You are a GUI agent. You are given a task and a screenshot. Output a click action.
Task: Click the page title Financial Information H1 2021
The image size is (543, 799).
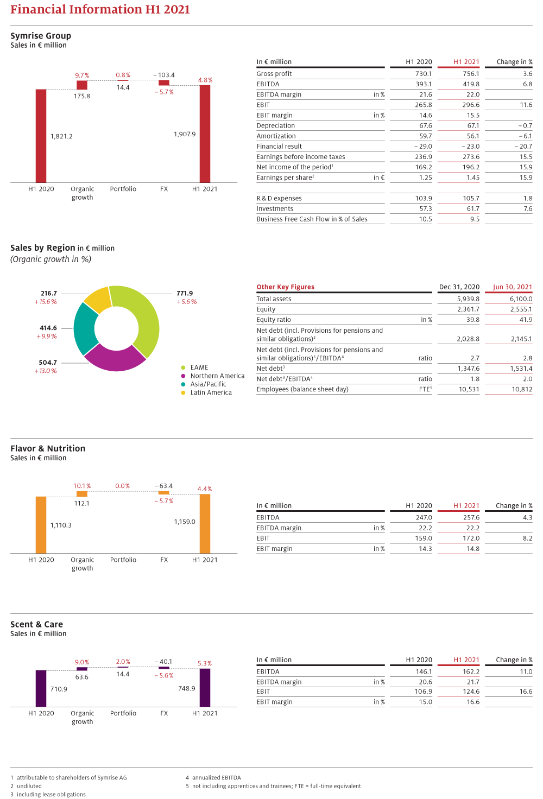[x=100, y=9]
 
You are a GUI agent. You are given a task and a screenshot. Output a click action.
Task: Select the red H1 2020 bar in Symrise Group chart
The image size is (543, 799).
[x=41, y=136]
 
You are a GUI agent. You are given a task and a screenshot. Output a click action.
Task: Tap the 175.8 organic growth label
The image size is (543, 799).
[x=82, y=96]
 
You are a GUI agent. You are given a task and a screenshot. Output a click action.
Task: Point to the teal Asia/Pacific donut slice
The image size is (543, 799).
[x=84, y=328]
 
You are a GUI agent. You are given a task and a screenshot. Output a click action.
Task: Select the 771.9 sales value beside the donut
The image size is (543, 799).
[x=185, y=293]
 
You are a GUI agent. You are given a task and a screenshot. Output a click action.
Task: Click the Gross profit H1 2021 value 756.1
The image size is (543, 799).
[x=471, y=73]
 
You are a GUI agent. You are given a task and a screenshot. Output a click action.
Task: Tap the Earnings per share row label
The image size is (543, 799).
[x=285, y=177]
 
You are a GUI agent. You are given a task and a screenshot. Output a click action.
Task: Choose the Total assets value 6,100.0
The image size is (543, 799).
[x=521, y=299]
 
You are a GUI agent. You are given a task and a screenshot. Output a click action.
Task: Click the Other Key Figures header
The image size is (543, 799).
[x=286, y=287]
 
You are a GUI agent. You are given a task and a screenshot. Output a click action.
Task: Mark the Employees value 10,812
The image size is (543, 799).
[x=522, y=389]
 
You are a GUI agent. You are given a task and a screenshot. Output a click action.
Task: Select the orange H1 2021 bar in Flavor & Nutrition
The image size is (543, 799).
[x=205, y=524]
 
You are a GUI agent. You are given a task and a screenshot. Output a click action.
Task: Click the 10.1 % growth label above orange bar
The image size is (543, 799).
[x=82, y=486]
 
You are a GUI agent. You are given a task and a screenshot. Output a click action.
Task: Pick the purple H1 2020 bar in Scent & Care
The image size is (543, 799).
[x=41, y=688]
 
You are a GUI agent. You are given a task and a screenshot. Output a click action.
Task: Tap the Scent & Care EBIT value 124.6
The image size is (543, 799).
[x=471, y=692]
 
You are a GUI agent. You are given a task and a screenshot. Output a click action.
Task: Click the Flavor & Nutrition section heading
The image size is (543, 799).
[x=48, y=448]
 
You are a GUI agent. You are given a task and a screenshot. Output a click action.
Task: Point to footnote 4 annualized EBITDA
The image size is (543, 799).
[x=213, y=778]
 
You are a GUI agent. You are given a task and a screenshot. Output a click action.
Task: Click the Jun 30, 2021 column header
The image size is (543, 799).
[x=512, y=287]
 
